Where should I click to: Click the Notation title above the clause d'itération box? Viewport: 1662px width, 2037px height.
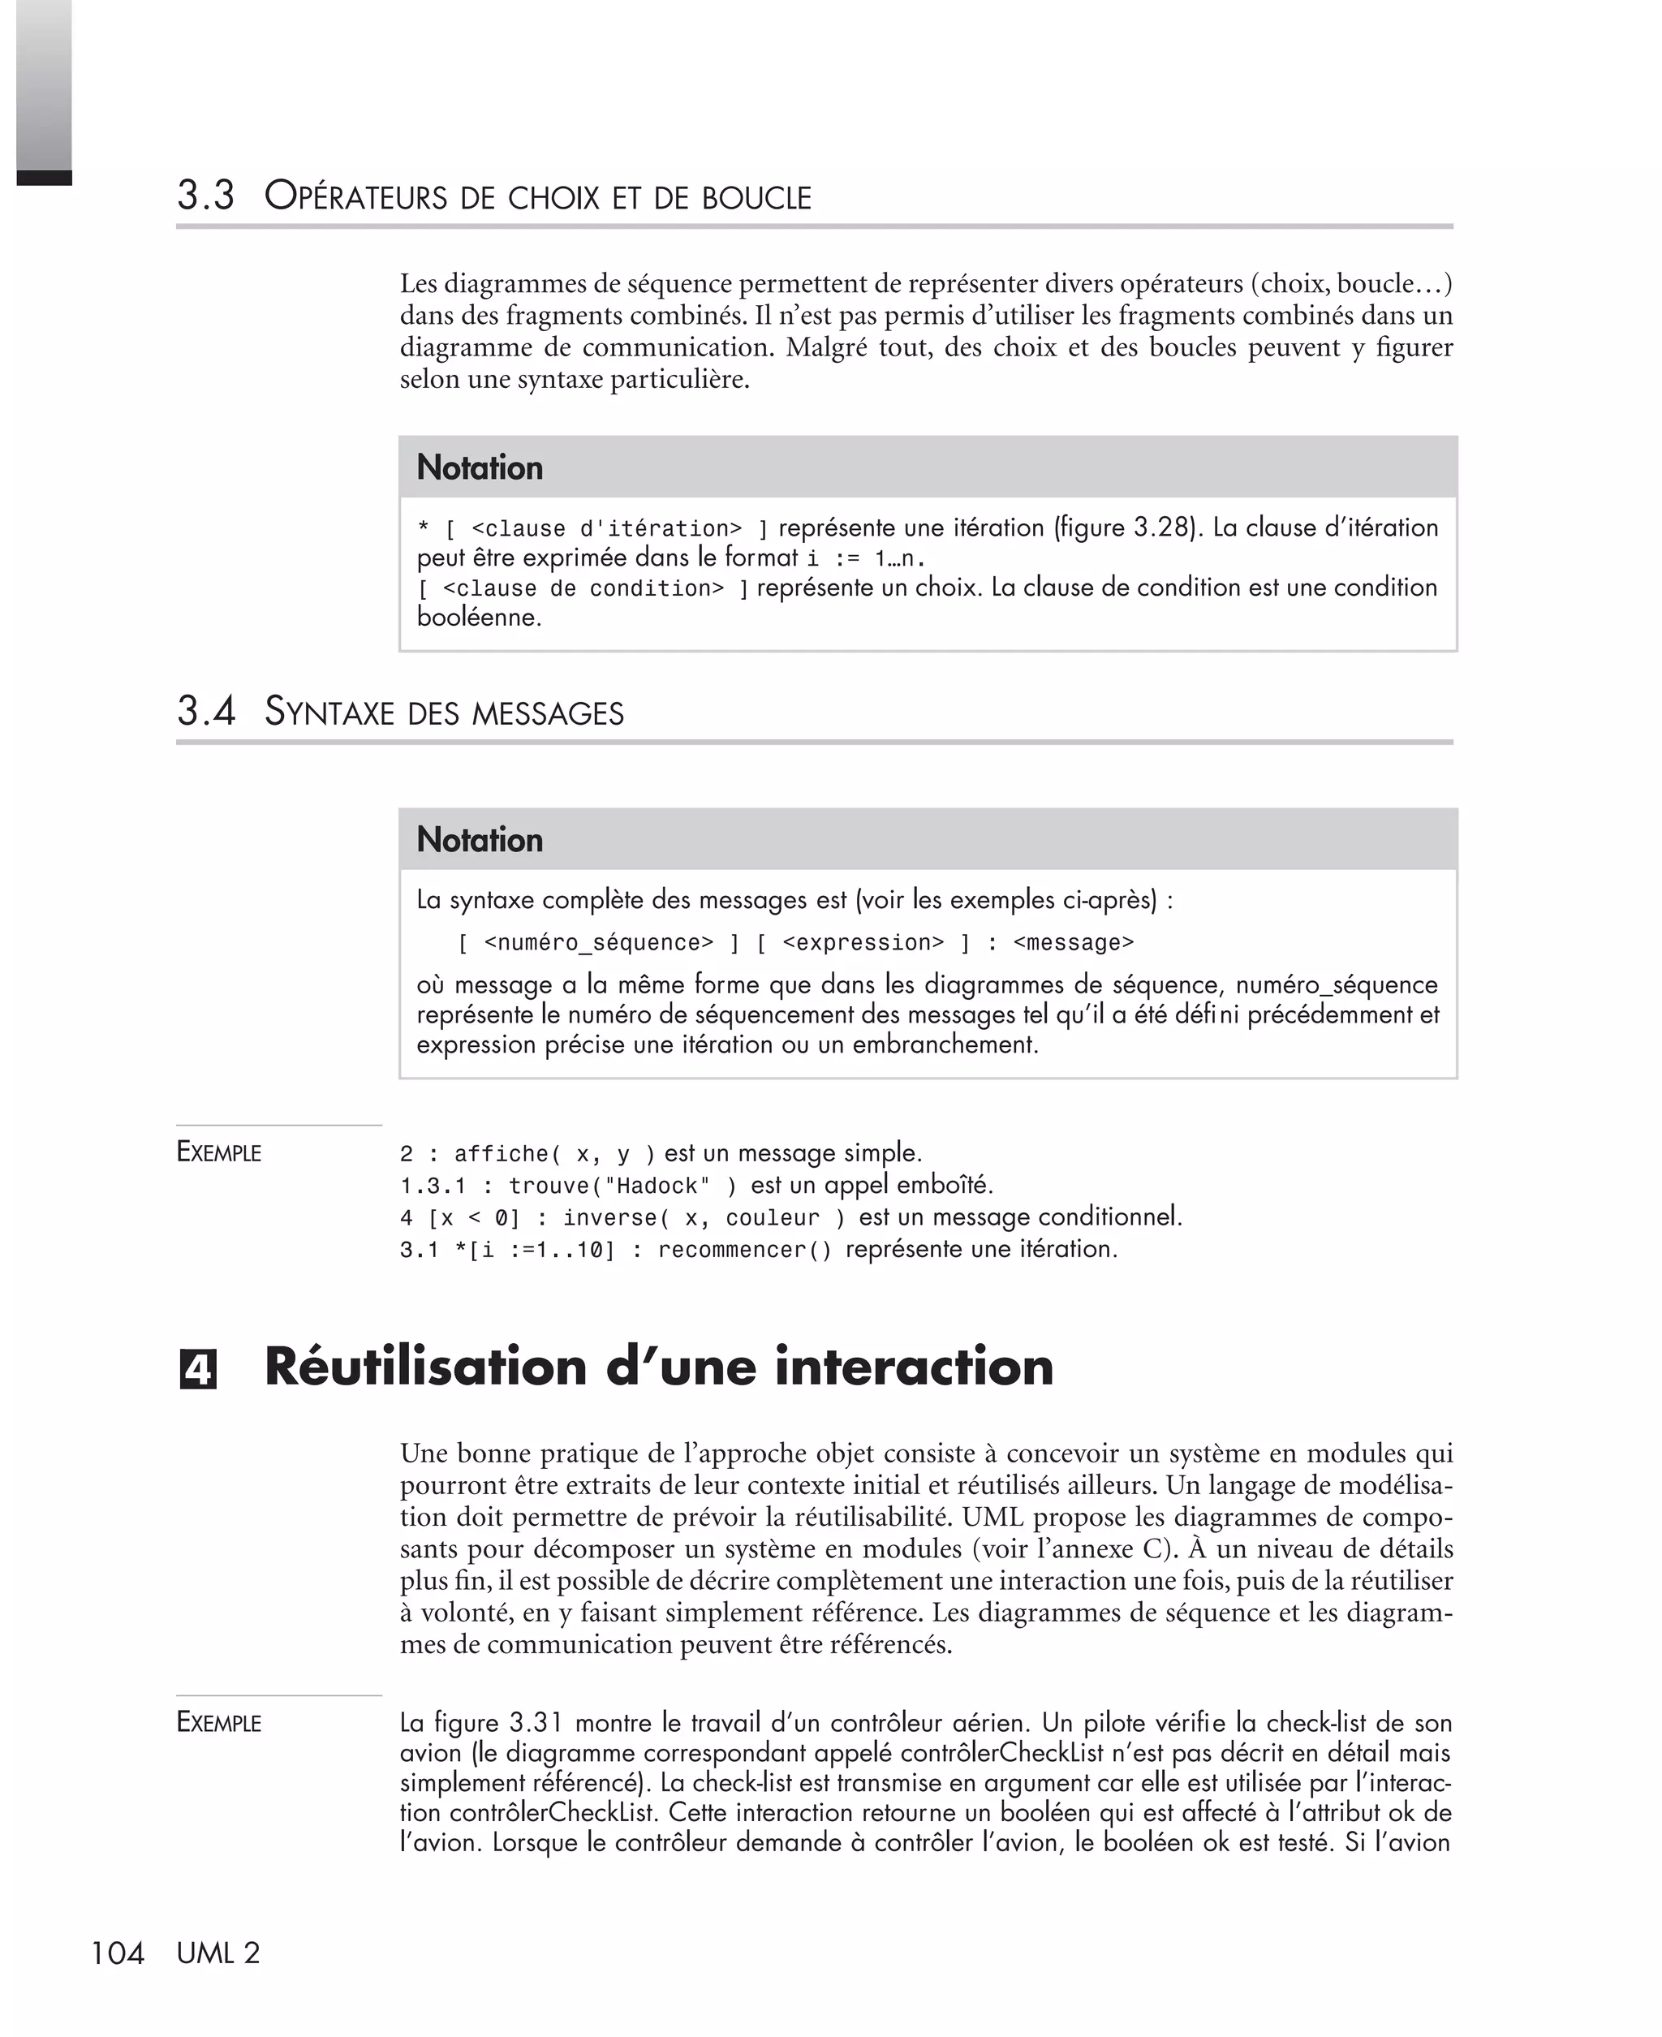pyautogui.click(x=480, y=467)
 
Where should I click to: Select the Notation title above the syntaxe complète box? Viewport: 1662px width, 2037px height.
pyautogui.click(x=480, y=839)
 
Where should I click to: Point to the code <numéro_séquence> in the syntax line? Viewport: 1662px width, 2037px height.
pyautogui.click(x=598, y=943)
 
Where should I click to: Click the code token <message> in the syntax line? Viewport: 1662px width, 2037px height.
pyautogui.click(x=1072, y=943)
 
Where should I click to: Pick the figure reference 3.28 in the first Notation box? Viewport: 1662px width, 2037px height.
pyautogui.click(x=1161, y=528)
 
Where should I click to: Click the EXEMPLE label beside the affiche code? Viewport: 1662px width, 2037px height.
pyautogui.click(x=219, y=1152)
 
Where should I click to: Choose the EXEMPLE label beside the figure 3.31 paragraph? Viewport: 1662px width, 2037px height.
pyautogui.click(x=219, y=1723)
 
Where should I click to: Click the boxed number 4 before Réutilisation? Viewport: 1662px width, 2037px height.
pyautogui.click(x=198, y=1370)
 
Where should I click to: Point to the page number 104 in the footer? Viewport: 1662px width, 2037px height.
pyautogui.click(x=117, y=1953)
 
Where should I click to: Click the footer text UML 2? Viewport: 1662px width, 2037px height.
pyautogui.click(x=218, y=1953)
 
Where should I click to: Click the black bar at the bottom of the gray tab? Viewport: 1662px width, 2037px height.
pyautogui.click(x=44, y=177)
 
